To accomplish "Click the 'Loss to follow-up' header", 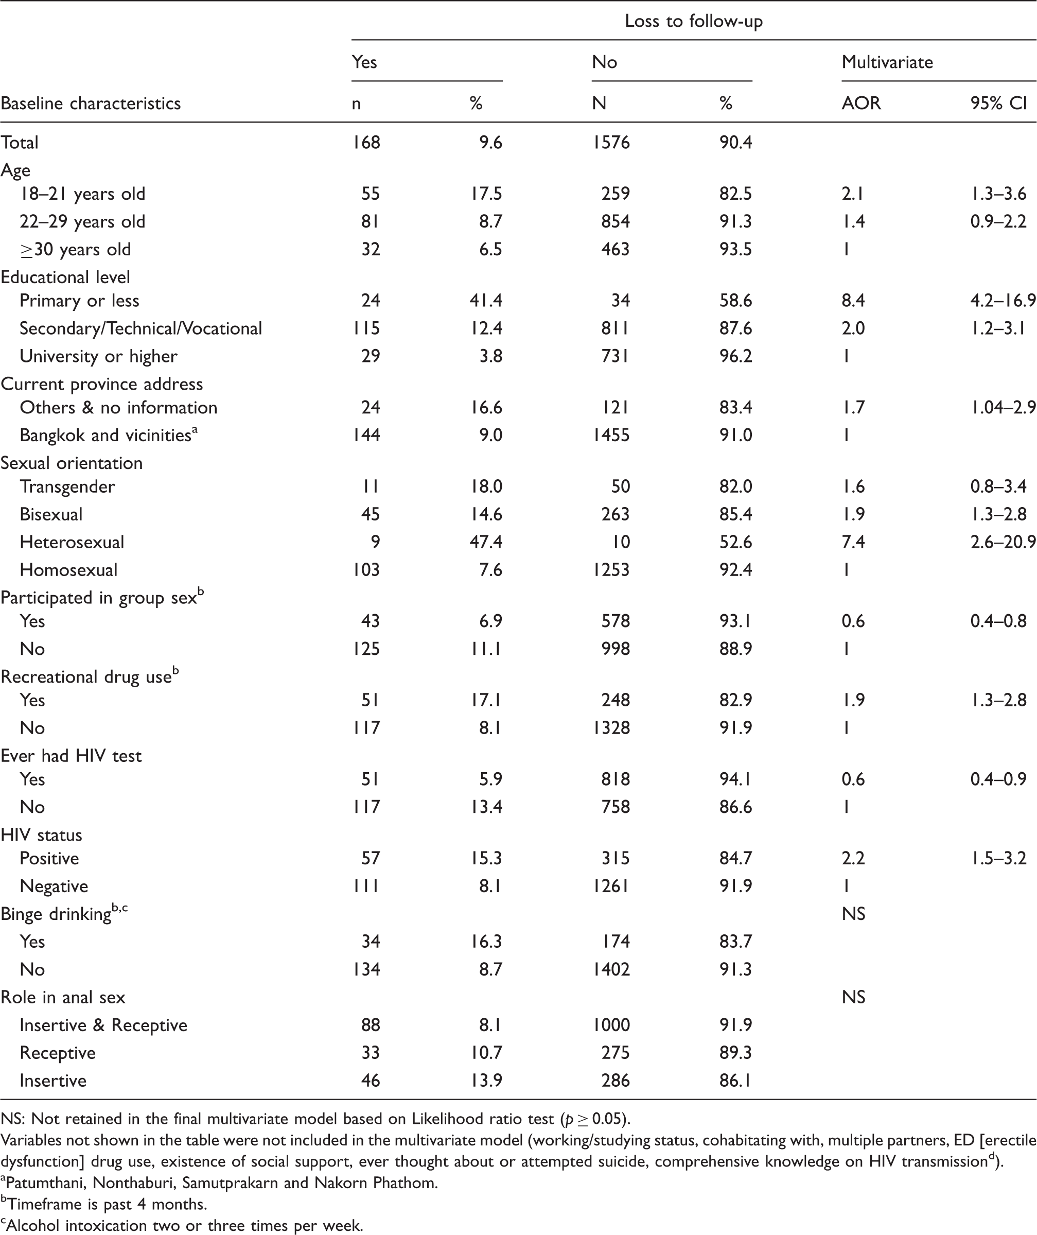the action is click(694, 21).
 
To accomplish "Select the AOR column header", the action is click(861, 103).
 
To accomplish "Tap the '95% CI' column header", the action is click(999, 103).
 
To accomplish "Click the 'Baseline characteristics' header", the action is click(91, 103).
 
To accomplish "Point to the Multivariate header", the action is click(887, 62).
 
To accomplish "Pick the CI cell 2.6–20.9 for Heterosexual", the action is click(1003, 542).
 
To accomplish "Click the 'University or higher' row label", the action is click(98, 356).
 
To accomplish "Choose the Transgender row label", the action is click(67, 487).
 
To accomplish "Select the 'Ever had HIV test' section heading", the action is click(71, 756).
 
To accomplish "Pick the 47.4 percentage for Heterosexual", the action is click(486, 542).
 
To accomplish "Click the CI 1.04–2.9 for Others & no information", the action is click(1003, 408).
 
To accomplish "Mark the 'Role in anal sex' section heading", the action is click(63, 997).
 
